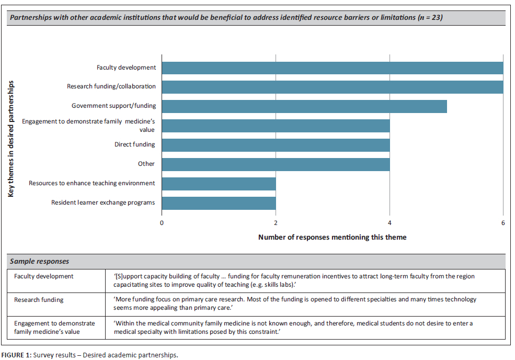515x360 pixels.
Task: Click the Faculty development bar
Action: (332, 67)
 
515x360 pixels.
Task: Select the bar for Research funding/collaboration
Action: (332, 87)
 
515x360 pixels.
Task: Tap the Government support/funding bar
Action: (304, 106)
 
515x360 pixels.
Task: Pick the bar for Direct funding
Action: (276, 144)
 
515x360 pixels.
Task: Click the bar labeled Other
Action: (276, 164)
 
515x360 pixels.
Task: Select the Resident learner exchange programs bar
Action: (219, 203)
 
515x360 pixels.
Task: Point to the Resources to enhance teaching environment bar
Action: (219, 183)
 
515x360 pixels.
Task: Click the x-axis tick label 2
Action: (276, 223)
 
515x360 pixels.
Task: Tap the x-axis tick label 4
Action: (390, 223)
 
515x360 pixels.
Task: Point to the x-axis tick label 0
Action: (162, 223)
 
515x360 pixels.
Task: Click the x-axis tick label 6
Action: (503, 223)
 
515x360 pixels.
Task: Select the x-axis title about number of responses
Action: (332, 237)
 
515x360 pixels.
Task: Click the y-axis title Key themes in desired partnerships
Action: (11, 138)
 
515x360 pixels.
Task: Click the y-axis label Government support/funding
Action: (113, 106)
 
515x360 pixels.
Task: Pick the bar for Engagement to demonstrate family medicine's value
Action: (276, 125)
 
